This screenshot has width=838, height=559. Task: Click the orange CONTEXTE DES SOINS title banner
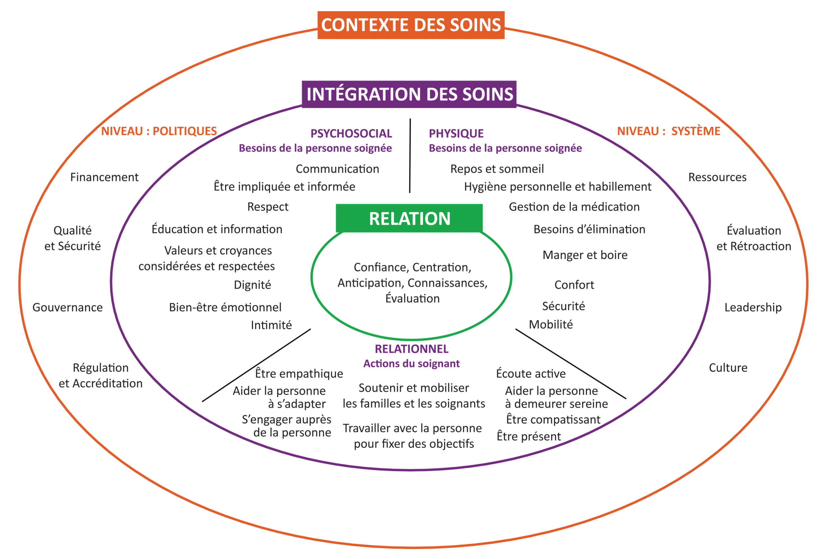[411, 25]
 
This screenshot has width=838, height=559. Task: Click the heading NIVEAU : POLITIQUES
[159, 131]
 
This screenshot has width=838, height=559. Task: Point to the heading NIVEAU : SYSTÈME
[668, 131]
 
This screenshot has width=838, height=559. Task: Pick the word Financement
[104, 177]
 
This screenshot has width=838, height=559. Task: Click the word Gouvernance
[67, 307]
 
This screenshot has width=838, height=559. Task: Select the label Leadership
[753, 307]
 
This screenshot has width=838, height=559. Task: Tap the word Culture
[728, 367]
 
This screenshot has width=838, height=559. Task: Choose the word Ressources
[717, 177]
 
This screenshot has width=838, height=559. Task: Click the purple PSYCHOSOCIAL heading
[351, 133]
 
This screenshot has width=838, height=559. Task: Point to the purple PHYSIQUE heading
[456, 133]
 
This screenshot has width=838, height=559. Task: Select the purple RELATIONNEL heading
[411, 349]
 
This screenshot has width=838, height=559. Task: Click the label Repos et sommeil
[497, 169]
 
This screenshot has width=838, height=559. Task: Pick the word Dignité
[252, 285]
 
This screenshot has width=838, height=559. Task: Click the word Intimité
[271, 325]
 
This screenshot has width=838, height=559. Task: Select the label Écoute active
[531, 374]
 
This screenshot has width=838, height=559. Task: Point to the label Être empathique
[299, 374]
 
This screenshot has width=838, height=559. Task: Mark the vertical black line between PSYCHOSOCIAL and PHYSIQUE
[410, 156]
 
